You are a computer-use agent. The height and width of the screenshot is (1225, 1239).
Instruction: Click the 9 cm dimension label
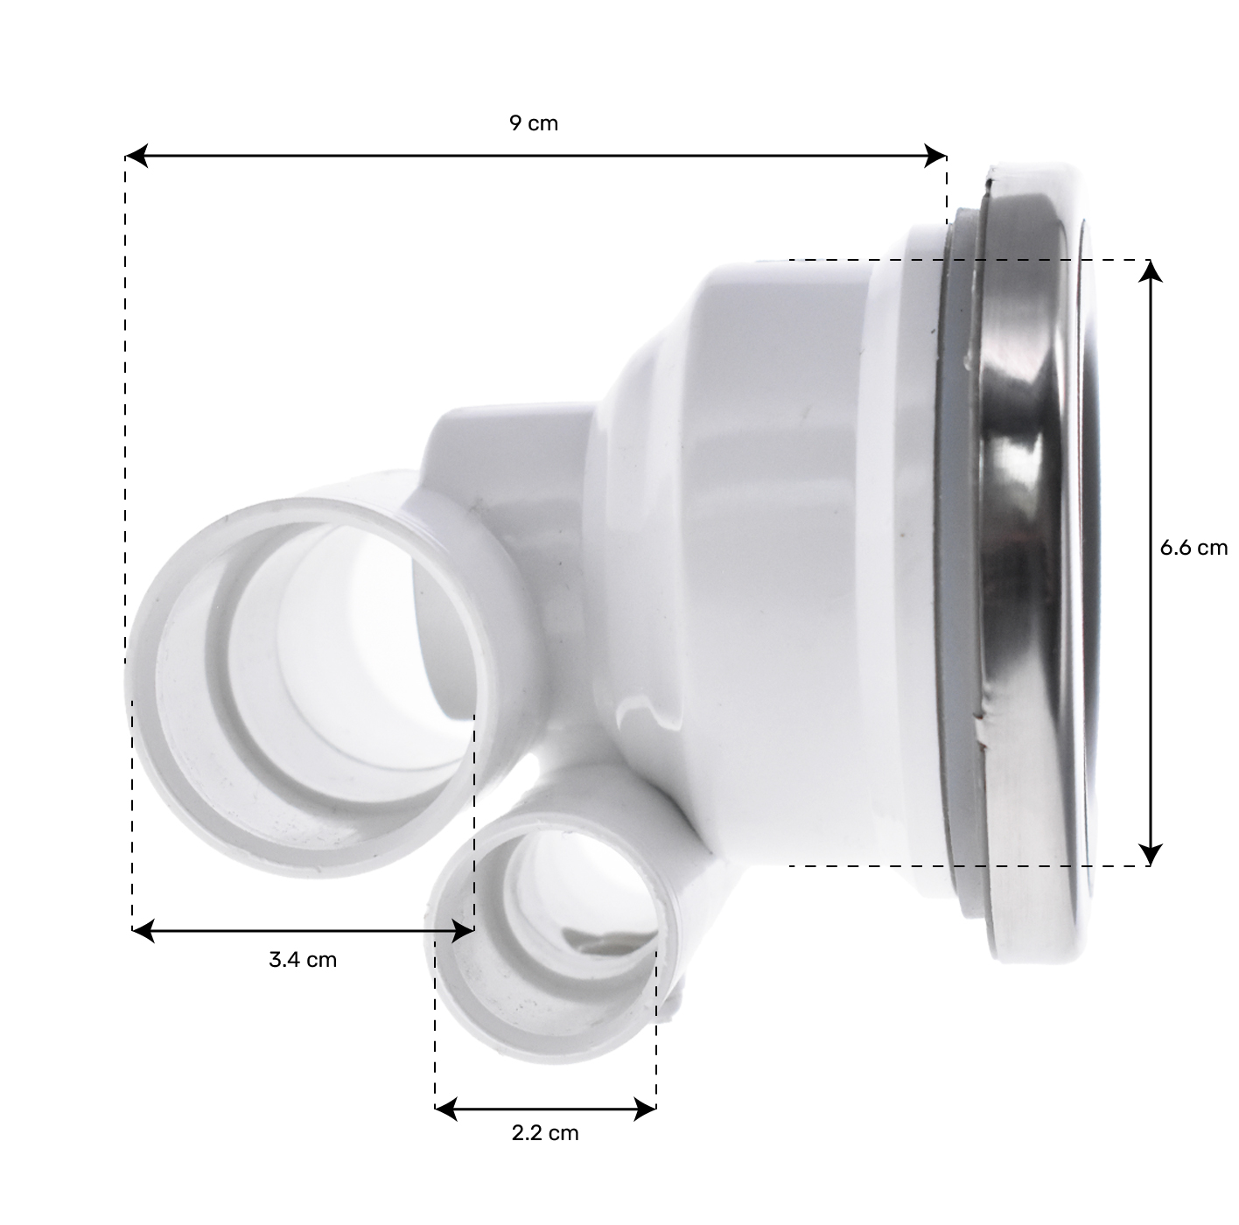tap(533, 123)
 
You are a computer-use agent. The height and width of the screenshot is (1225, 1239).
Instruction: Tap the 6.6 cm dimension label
tap(1193, 548)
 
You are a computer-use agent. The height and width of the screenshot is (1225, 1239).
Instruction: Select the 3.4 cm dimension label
tap(302, 960)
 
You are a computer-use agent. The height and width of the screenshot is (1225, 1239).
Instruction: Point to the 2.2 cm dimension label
tap(544, 1133)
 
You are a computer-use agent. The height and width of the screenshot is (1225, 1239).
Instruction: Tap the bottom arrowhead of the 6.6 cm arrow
tap(1151, 854)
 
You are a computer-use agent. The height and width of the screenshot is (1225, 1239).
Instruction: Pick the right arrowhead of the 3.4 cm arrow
tap(463, 930)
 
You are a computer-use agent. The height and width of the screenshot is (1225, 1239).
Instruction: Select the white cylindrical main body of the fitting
tap(770, 525)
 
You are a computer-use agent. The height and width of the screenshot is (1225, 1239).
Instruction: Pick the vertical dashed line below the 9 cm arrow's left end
tap(126, 394)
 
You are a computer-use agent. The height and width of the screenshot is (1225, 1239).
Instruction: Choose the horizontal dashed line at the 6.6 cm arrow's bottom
tap(962, 866)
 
